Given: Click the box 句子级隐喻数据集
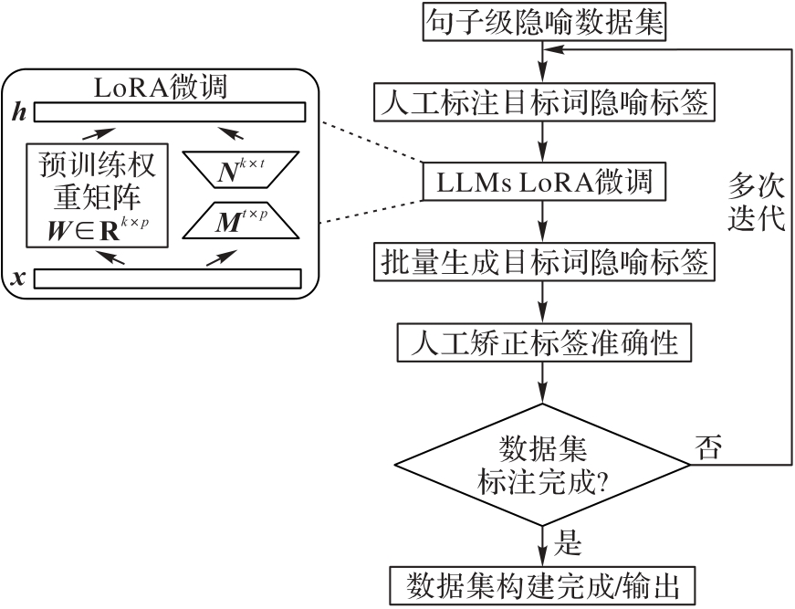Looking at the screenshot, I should click(x=544, y=22).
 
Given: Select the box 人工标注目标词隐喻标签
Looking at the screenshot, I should click(x=544, y=102).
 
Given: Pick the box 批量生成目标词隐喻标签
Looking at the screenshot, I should click(x=544, y=264).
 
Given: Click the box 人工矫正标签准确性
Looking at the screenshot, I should click(x=544, y=344).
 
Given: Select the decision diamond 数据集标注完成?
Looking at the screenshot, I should click(x=544, y=465).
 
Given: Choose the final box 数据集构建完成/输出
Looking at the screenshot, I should click(x=544, y=583).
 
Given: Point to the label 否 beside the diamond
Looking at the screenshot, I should click(x=708, y=447).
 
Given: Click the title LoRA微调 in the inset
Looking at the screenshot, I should click(x=161, y=89).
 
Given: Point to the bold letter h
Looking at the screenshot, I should click(x=18, y=111).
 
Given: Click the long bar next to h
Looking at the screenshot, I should click(x=170, y=111).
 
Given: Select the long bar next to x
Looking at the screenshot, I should click(x=168, y=278).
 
